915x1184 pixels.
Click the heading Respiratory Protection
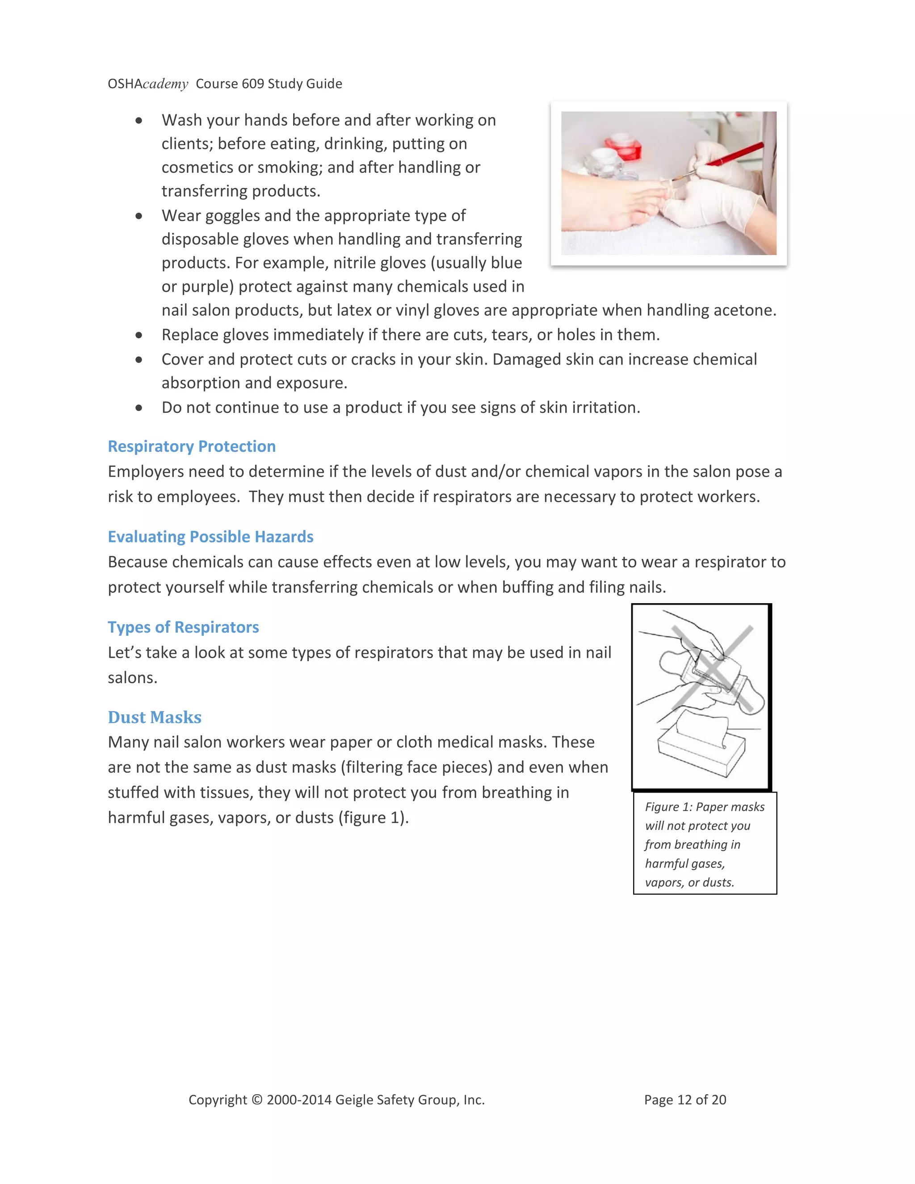(191, 446)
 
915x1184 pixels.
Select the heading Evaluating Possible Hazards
(210, 537)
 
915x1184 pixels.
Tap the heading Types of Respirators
(183, 627)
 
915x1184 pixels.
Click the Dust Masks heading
(155, 717)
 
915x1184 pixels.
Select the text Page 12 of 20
(684, 1100)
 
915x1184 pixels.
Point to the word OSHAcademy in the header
(147, 84)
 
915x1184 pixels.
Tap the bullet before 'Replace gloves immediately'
(139, 335)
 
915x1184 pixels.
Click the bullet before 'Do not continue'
(139, 407)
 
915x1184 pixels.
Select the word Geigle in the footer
(354, 1100)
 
